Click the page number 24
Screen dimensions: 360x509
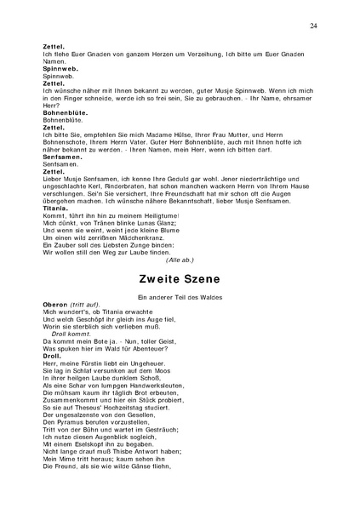314,27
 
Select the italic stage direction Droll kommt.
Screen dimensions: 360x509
69,335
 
